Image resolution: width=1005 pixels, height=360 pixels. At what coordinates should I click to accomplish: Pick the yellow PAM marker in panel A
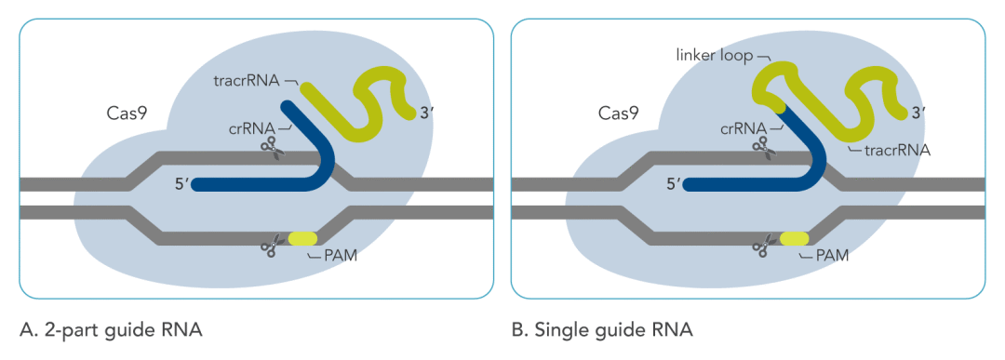(302, 238)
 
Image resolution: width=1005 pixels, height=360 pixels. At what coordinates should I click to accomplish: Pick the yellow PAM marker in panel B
(794, 238)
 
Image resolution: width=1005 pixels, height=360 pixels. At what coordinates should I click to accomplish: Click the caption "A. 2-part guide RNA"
(110, 329)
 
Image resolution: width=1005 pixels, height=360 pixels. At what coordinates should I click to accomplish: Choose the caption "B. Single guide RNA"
(602, 329)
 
